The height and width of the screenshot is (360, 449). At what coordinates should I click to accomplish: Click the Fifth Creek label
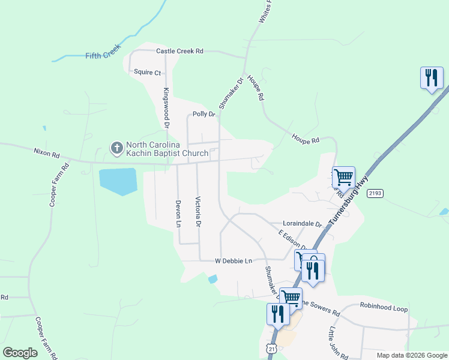(x=103, y=55)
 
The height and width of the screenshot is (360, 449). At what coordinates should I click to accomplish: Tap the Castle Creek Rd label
(x=179, y=52)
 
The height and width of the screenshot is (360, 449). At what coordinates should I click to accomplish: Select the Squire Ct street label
(x=148, y=73)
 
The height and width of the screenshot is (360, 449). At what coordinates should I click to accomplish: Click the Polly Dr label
(x=203, y=114)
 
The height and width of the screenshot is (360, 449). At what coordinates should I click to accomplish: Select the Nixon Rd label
(x=47, y=155)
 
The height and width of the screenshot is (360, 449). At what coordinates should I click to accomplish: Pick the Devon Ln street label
(x=178, y=214)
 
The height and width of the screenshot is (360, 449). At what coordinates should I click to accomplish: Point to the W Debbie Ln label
(x=234, y=261)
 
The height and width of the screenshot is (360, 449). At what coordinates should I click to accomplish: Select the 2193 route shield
(x=375, y=193)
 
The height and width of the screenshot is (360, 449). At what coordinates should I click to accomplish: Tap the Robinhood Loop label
(x=384, y=309)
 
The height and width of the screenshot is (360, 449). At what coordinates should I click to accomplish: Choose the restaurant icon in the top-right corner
(x=432, y=77)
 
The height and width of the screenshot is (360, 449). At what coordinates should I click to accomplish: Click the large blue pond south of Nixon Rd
(x=118, y=181)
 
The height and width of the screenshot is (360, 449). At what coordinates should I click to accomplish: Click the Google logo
(x=20, y=353)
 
